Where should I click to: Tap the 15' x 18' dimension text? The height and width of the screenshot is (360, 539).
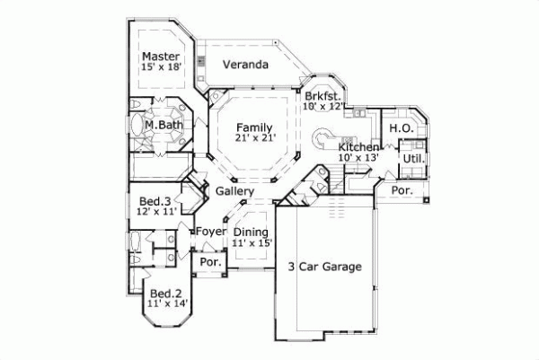point(162,67)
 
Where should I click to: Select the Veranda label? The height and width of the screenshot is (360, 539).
point(245,65)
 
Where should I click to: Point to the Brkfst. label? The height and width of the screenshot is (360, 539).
point(322,95)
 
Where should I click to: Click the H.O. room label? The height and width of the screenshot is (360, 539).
point(401,128)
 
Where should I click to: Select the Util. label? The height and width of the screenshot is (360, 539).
point(413,158)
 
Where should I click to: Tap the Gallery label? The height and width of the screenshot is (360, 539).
point(234,191)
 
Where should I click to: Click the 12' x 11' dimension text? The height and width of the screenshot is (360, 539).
point(155,211)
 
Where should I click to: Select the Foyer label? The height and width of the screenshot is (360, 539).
point(210,232)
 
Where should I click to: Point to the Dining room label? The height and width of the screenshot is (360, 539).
point(251,232)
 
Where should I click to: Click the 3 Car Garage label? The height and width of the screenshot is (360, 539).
point(324,267)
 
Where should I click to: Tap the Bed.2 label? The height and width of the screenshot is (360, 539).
point(167,294)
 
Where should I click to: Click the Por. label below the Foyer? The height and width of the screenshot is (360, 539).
point(210,263)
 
